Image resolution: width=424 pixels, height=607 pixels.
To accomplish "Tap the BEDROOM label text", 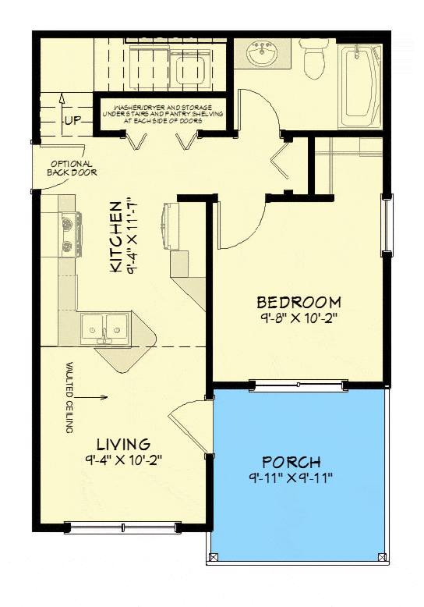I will [x=299, y=302].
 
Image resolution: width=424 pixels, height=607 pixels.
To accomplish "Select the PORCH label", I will [x=291, y=462].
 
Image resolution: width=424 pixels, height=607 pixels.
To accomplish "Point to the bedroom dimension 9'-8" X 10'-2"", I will [x=299, y=318].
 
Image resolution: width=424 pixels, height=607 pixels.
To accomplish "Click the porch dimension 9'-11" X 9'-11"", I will [x=291, y=477].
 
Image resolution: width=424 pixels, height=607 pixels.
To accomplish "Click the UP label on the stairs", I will [x=72, y=121].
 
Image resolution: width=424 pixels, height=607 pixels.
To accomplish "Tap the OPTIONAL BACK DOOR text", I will [x=72, y=168].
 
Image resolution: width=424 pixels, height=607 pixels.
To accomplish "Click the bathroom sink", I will [x=262, y=54].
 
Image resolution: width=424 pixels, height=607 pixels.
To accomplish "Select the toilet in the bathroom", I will [x=314, y=60].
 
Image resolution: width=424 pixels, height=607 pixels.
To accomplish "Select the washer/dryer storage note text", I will [x=163, y=113].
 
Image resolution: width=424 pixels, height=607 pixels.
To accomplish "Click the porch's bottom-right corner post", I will [x=381, y=556].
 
